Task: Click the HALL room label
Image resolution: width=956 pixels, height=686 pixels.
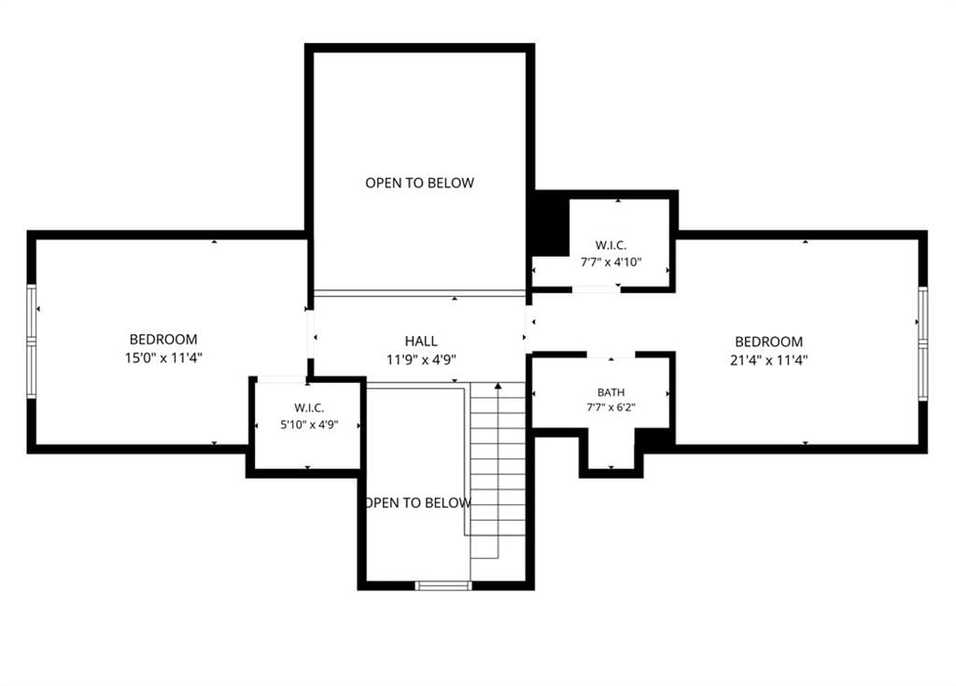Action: [421, 341]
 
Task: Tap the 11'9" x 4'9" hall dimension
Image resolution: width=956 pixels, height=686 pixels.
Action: [421, 359]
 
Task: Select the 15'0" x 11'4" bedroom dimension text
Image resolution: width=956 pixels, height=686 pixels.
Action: [163, 358]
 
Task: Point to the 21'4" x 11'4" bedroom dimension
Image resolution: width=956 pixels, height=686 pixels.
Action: [769, 360]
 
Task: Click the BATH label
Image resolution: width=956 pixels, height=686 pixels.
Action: [611, 393]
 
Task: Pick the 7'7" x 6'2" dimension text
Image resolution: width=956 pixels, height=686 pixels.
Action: [611, 407]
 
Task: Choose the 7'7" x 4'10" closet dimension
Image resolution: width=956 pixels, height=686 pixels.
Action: [611, 262]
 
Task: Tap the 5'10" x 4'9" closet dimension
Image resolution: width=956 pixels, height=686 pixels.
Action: [309, 425]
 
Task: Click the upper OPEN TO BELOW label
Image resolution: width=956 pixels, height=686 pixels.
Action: [419, 183]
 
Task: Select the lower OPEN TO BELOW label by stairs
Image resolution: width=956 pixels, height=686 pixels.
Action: [417, 503]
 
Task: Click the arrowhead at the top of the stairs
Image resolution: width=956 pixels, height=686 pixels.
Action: [499, 385]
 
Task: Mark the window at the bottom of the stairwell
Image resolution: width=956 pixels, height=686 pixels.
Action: [443, 585]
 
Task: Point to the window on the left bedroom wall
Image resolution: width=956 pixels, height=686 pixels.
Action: [31, 343]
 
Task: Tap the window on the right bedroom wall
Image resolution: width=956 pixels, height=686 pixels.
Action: [922, 343]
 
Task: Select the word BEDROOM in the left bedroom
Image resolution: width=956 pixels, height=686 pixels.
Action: [163, 339]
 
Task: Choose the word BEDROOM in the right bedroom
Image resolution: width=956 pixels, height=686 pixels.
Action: [769, 342]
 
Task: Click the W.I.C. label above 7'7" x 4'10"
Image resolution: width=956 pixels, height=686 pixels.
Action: [611, 245]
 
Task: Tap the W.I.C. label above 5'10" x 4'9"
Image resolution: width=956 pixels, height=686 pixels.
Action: [309, 408]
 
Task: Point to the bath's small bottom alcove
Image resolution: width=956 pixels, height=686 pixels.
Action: [611, 448]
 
